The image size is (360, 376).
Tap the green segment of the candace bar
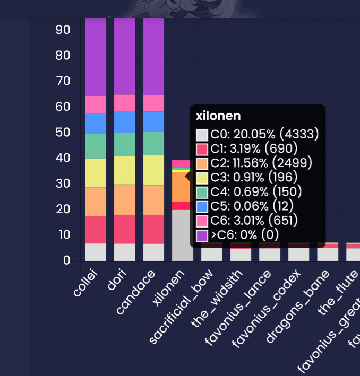pyautogui.click(x=153, y=143)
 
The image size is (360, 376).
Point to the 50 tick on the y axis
pyautogui.click(x=63, y=133)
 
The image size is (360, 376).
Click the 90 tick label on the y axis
pyautogui.click(x=63, y=30)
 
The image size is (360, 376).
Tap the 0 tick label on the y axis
pyautogui.click(x=67, y=260)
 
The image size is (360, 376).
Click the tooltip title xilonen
pyautogui.click(x=218, y=116)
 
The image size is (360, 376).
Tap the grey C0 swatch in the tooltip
pyautogui.click(x=202, y=135)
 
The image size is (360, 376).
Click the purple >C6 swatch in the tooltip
pyautogui.click(x=202, y=235)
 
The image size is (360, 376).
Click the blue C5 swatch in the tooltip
pyautogui.click(x=202, y=206)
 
